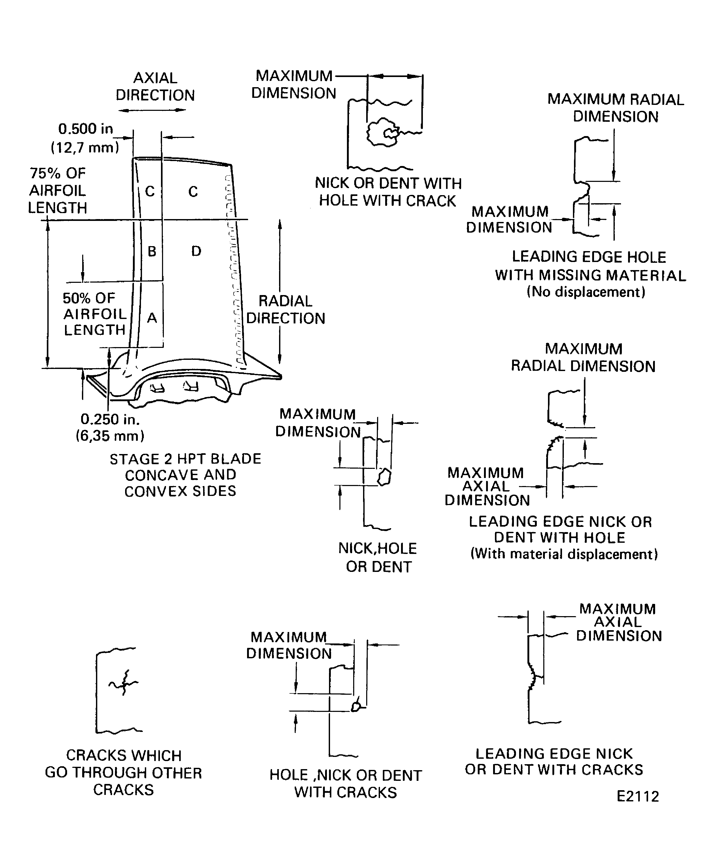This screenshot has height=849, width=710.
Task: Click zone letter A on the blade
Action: pos(152,318)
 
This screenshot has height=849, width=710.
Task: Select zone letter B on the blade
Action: pos(152,251)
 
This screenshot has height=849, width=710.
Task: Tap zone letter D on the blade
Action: pos(196,251)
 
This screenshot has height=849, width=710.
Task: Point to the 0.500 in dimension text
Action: pos(86,129)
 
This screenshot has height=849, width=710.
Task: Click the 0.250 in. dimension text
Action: pos(110,419)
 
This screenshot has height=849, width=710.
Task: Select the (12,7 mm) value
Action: pos(85,148)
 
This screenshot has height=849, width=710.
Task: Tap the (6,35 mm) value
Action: pos(110,436)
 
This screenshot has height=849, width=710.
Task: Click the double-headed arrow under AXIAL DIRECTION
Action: pos(152,110)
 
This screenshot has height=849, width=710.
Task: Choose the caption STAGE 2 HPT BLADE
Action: pos(185,459)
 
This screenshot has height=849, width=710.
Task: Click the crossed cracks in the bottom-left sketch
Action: pos(124,683)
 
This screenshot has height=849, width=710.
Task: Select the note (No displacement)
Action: pos(586,292)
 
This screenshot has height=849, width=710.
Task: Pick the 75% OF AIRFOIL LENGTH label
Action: pos(57,190)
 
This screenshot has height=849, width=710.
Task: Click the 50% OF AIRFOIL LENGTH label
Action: pos(95,314)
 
